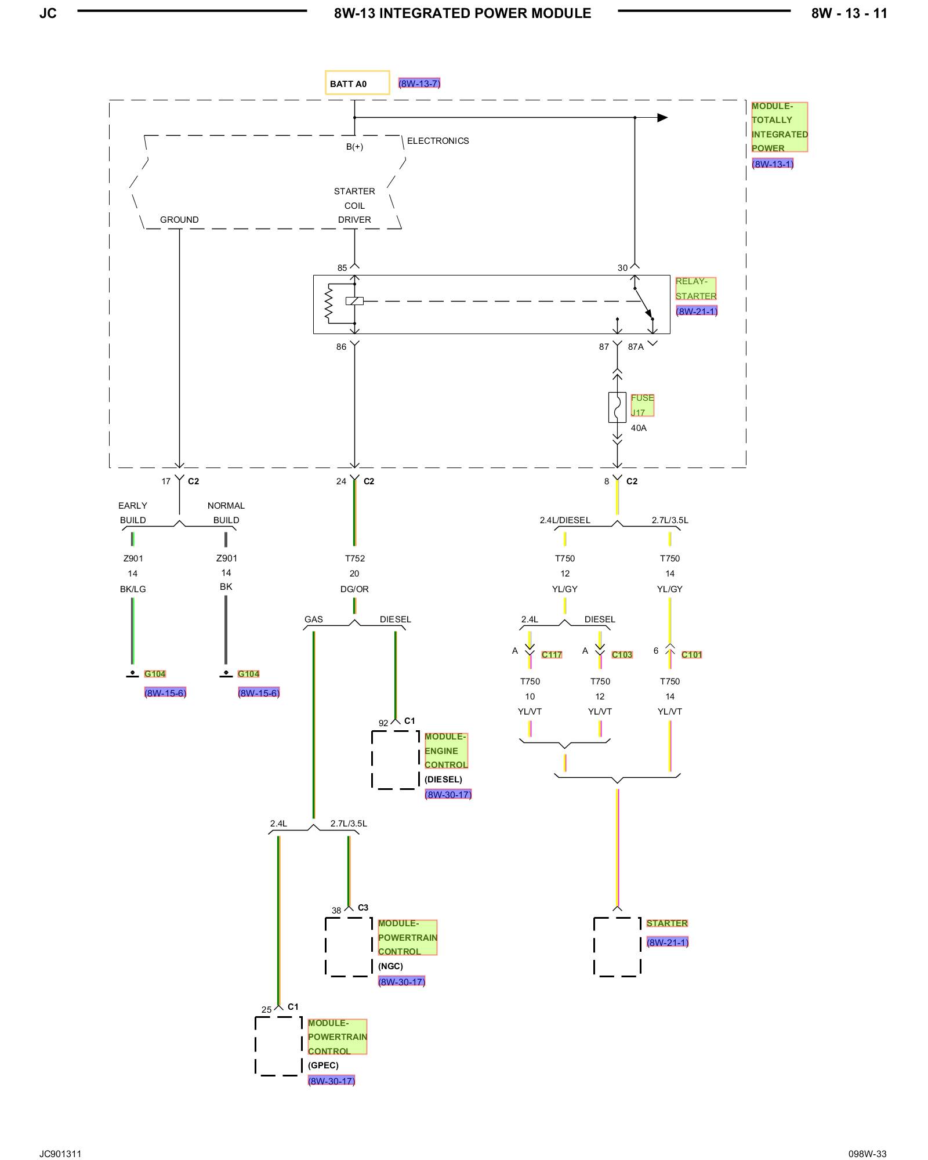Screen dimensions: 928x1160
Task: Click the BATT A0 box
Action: pyautogui.click(x=357, y=83)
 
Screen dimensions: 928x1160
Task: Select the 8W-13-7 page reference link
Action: pyautogui.click(x=419, y=84)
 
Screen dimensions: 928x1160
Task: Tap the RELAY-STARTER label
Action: pyautogui.click(x=696, y=289)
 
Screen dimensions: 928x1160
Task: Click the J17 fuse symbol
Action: pyautogui.click(x=617, y=407)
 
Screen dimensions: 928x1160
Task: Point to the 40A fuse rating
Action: pyautogui.click(x=639, y=428)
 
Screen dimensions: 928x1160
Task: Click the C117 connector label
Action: pyautogui.click(x=552, y=655)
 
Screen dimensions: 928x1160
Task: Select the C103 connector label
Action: pyautogui.click(x=622, y=655)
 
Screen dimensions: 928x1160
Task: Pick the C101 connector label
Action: pyautogui.click(x=691, y=655)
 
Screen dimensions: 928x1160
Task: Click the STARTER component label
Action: pyautogui.click(x=667, y=923)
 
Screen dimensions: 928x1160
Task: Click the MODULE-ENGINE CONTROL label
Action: pyautogui.click(x=446, y=751)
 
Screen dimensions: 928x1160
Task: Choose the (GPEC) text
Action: pyautogui.click(x=323, y=1065)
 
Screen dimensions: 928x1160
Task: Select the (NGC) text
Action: pyautogui.click(x=390, y=966)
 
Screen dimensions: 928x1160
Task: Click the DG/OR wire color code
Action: pyautogui.click(x=354, y=589)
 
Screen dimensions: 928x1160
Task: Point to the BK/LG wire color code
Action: pyautogui.click(x=133, y=589)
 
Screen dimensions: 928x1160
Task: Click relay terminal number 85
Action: pyautogui.click(x=342, y=268)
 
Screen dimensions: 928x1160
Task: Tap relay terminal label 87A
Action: pyautogui.click(x=636, y=347)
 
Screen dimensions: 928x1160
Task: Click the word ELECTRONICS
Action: pyautogui.click(x=438, y=141)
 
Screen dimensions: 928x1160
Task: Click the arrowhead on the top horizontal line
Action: pyautogui.click(x=662, y=118)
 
